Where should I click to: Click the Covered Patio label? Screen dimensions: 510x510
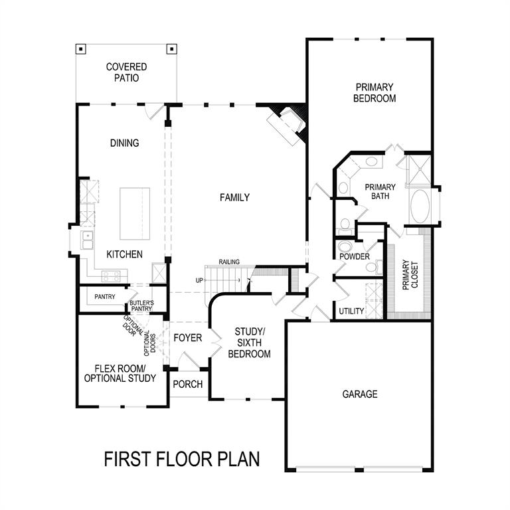coord(126,72)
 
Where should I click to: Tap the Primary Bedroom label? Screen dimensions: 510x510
coord(375,92)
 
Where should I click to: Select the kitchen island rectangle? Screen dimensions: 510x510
coord(135,213)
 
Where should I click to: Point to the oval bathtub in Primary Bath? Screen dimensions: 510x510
coord(420,207)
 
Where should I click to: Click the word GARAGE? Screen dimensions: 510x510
coord(360,394)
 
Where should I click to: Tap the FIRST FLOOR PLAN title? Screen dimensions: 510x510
coord(181,459)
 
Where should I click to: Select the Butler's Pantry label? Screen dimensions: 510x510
coord(141,305)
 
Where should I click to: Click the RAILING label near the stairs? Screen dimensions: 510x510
coord(228,262)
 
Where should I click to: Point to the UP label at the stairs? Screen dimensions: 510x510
coord(199,280)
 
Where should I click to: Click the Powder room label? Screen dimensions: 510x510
coord(354,256)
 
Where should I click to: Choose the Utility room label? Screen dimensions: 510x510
coord(351,311)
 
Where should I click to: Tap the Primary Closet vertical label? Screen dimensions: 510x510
coord(410,275)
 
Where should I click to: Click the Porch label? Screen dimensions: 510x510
coord(187,384)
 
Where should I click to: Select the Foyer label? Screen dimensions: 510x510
coord(188,338)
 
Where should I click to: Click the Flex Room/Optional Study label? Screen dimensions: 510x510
coord(120,373)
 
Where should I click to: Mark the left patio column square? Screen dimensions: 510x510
coord(80,48)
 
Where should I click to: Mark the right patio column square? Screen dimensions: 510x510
coord(171,48)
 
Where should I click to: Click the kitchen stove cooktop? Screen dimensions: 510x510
coord(112,275)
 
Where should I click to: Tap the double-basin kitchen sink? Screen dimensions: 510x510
coord(87,239)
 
